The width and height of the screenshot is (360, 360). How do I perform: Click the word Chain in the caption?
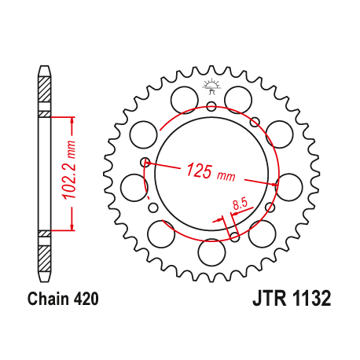(x=46, y=299)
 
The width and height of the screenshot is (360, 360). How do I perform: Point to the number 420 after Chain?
(x=85, y=299)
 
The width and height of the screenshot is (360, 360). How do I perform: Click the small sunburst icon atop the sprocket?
(x=210, y=85)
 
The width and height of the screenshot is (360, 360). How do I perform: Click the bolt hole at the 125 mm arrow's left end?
(x=145, y=163)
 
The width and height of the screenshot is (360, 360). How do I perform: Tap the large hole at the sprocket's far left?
(x=132, y=186)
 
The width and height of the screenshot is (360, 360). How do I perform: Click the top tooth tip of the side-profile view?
(x=44, y=70)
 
